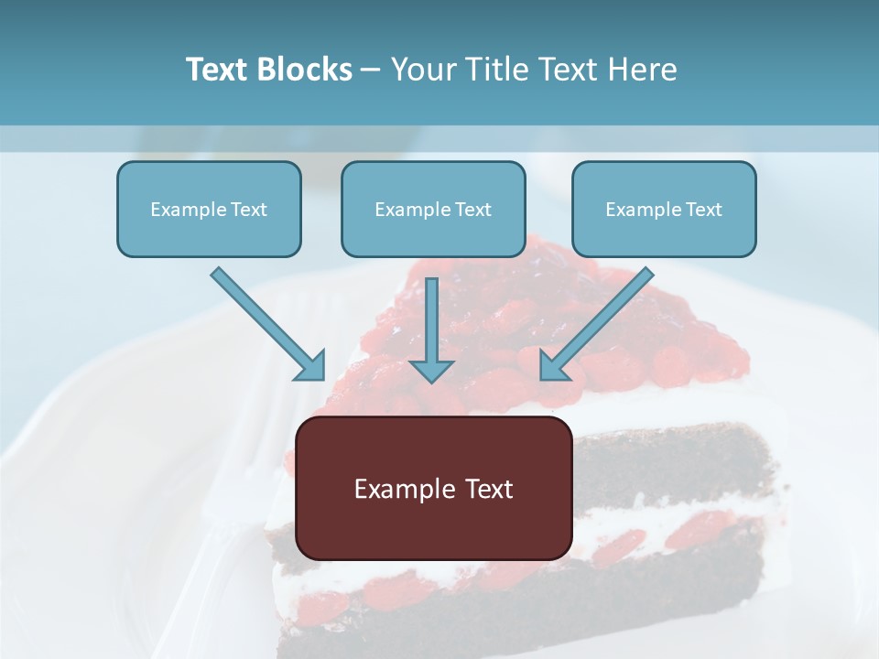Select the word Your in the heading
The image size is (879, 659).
[x=423, y=70]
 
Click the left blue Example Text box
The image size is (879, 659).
[x=209, y=210]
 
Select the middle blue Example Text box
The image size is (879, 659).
[x=433, y=210]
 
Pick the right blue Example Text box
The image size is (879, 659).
[x=664, y=210]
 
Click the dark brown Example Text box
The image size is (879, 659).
[x=433, y=489]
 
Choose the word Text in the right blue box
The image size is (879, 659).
[x=703, y=210]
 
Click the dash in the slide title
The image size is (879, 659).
[x=371, y=70]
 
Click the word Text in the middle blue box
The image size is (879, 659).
[x=472, y=210]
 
